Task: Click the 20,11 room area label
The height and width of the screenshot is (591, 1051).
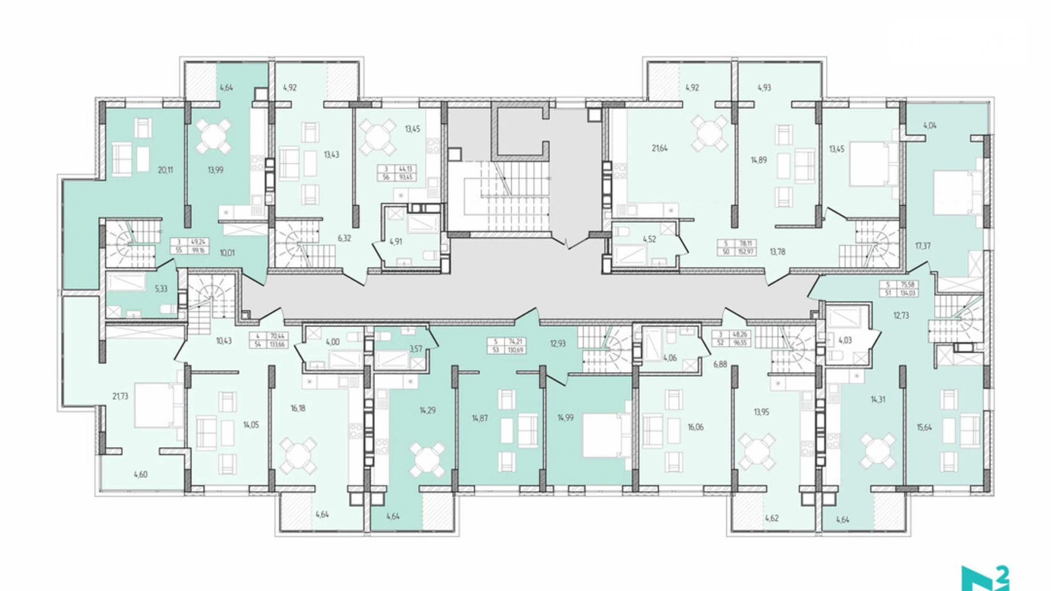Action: (x=165, y=170)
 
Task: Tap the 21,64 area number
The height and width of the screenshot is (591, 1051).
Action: (x=660, y=148)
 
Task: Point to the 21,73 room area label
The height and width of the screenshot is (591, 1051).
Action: (x=120, y=396)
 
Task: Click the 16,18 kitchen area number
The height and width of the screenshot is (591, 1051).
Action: (x=298, y=408)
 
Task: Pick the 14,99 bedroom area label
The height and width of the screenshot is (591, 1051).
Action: (x=565, y=418)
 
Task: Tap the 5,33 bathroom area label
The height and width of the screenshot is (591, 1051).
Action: (x=161, y=289)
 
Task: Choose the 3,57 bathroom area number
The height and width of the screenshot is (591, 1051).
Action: (x=416, y=349)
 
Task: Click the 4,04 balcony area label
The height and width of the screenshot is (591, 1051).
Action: (x=930, y=126)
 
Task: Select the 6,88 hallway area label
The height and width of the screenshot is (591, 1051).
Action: (x=720, y=364)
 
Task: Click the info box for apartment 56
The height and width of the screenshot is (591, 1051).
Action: (x=397, y=173)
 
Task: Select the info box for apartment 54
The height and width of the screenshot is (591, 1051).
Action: (x=269, y=340)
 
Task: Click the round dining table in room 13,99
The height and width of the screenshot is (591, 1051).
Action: (x=213, y=136)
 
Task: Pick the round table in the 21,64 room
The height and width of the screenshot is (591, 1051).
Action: (x=708, y=134)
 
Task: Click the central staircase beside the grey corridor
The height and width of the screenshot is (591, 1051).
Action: (x=506, y=196)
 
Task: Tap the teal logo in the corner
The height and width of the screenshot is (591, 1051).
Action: (x=985, y=578)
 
